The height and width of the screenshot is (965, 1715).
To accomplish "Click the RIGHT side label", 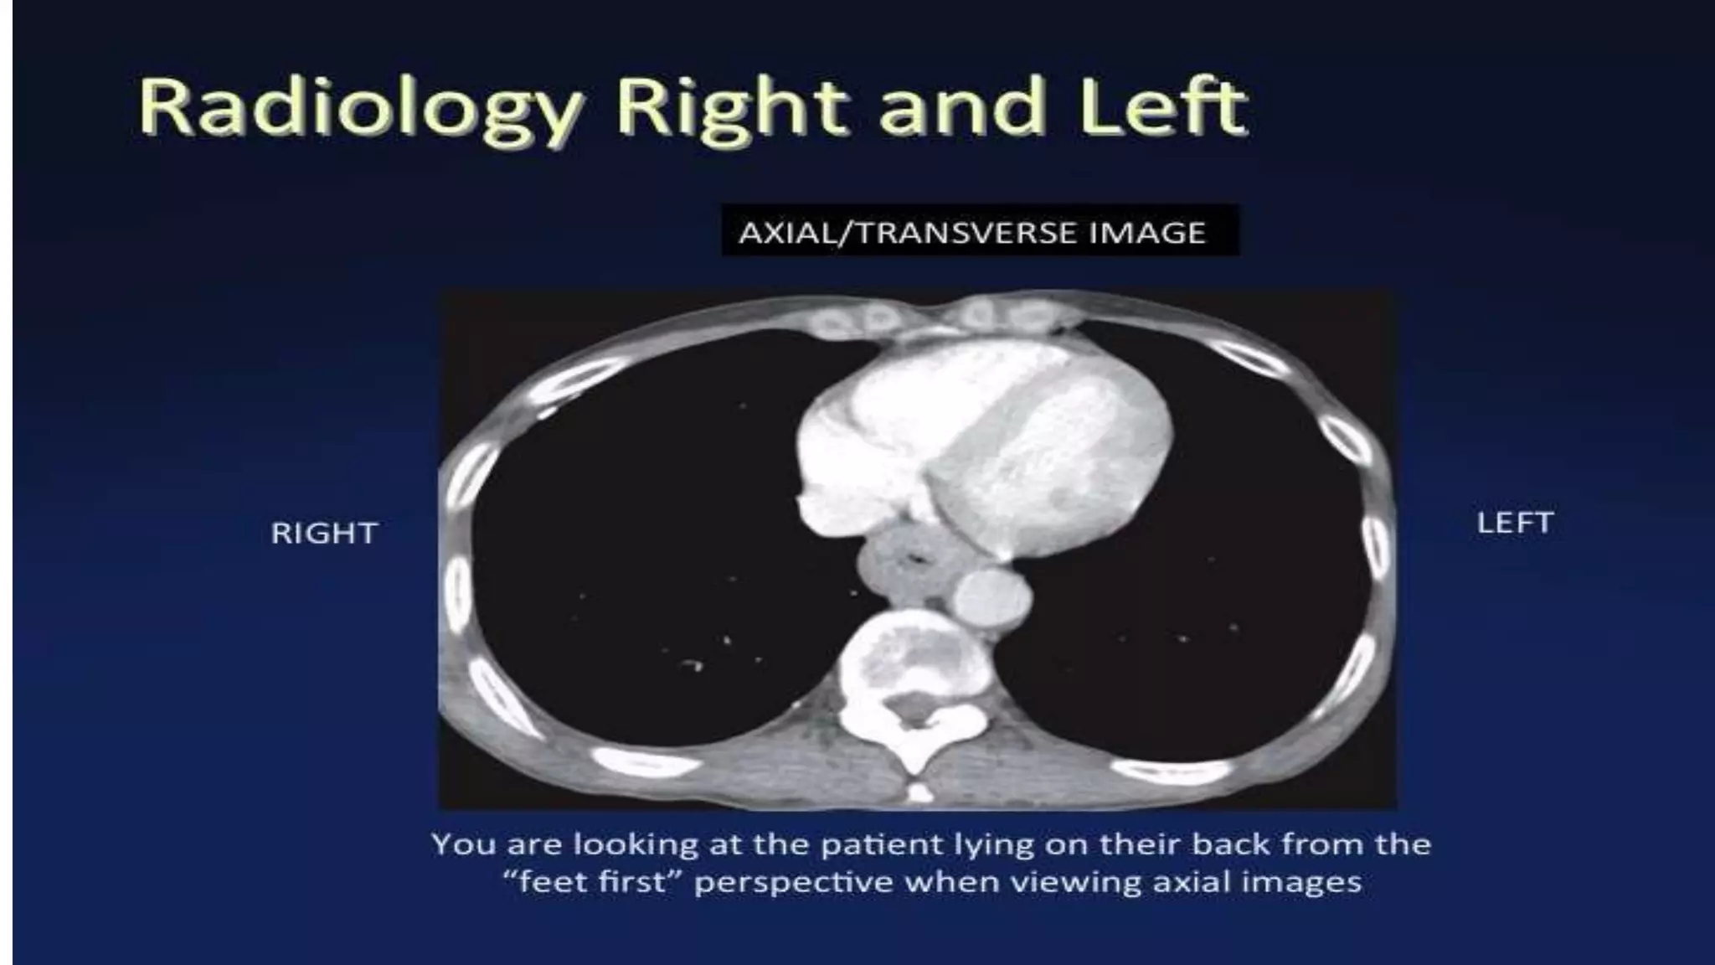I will tap(324, 534).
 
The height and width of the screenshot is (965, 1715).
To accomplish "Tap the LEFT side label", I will tap(1515, 523).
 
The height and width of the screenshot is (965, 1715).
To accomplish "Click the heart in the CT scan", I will tap(988, 444).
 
